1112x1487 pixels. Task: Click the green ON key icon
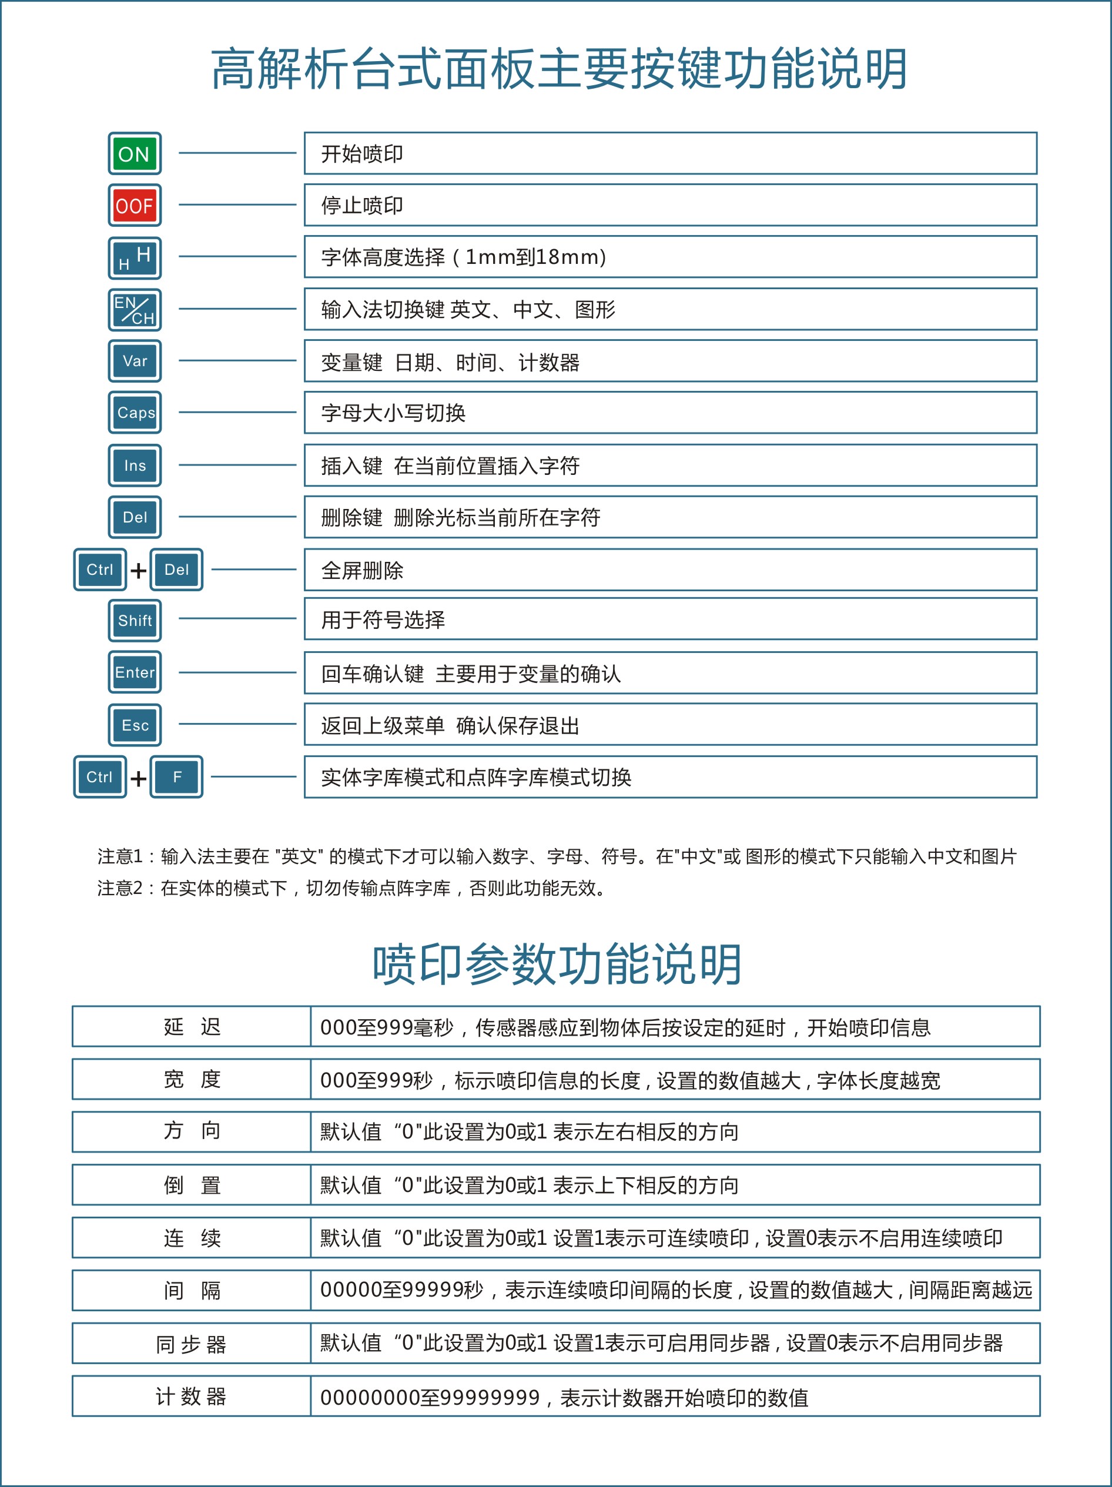tap(135, 154)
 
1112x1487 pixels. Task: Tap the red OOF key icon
tap(135, 206)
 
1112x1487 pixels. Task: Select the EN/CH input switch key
tap(135, 310)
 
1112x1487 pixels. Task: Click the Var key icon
tap(135, 361)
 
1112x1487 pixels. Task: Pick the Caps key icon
tap(135, 413)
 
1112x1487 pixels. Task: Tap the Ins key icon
tap(135, 465)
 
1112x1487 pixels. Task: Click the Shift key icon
tap(135, 621)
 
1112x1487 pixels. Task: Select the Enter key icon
tap(135, 672)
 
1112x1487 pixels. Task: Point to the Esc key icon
tap(135, 725)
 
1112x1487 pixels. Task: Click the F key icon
tap(177, 777)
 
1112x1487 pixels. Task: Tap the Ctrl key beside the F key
tap(99, 777)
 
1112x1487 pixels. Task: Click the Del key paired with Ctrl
tap(176, 570)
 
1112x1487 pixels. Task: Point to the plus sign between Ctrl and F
tap(139, 778)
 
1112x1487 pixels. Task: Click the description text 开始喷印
tap(361, 154)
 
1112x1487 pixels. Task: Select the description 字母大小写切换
tap(393, 413)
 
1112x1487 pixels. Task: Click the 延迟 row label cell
tap(192, 1027)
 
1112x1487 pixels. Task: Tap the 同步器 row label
tap(192, 1344)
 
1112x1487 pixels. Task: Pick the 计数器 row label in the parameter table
tap(192, 1396)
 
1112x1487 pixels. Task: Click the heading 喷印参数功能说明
tap(557, 964)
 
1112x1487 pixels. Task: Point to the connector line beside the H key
tap(237, 256)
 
